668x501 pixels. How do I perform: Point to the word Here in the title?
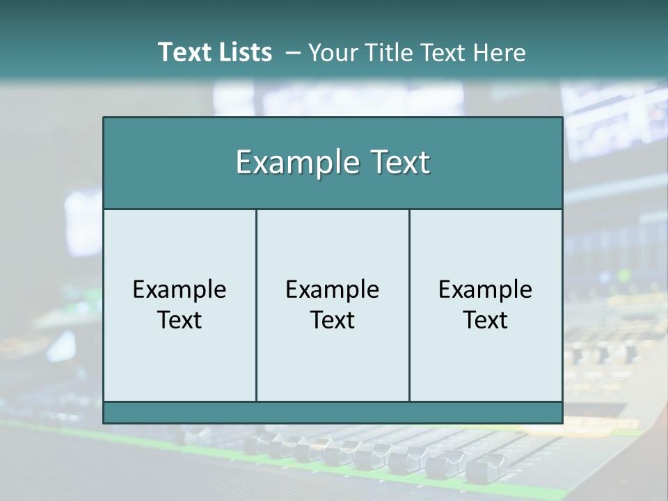(x=500, y=53)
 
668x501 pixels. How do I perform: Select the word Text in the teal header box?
(x=399, y=163)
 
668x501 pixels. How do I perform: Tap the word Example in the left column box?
(x=180, y=289)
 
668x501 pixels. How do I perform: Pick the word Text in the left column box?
(x=180, y=320)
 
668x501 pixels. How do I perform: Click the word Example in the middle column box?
(x=333, y=289)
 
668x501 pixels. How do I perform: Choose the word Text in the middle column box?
(x=333, y=320)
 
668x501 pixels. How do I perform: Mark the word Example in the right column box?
(x=486, y=289)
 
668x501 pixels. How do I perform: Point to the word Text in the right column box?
(x=486, y=320)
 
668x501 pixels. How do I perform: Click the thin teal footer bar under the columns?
(x=333, y=413)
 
